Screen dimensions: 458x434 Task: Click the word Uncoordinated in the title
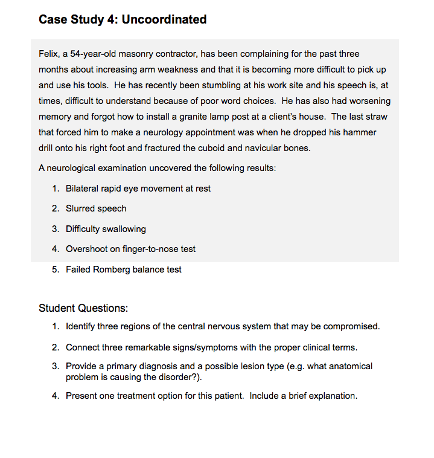click(x=164, y=19)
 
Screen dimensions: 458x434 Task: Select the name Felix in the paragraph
click(x=48, y=54)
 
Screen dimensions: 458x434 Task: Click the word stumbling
click(x=223, y=85)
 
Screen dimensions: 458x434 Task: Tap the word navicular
click(x=265, y=148)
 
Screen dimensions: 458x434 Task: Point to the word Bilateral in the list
click(x=83, y=189)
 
